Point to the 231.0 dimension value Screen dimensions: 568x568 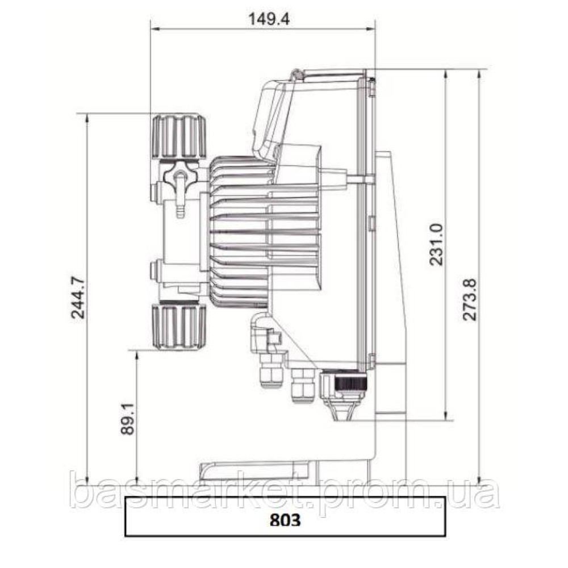click(436, 244)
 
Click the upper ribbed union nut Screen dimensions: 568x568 click(178, 136)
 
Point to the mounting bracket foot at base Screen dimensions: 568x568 click(256, 470)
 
